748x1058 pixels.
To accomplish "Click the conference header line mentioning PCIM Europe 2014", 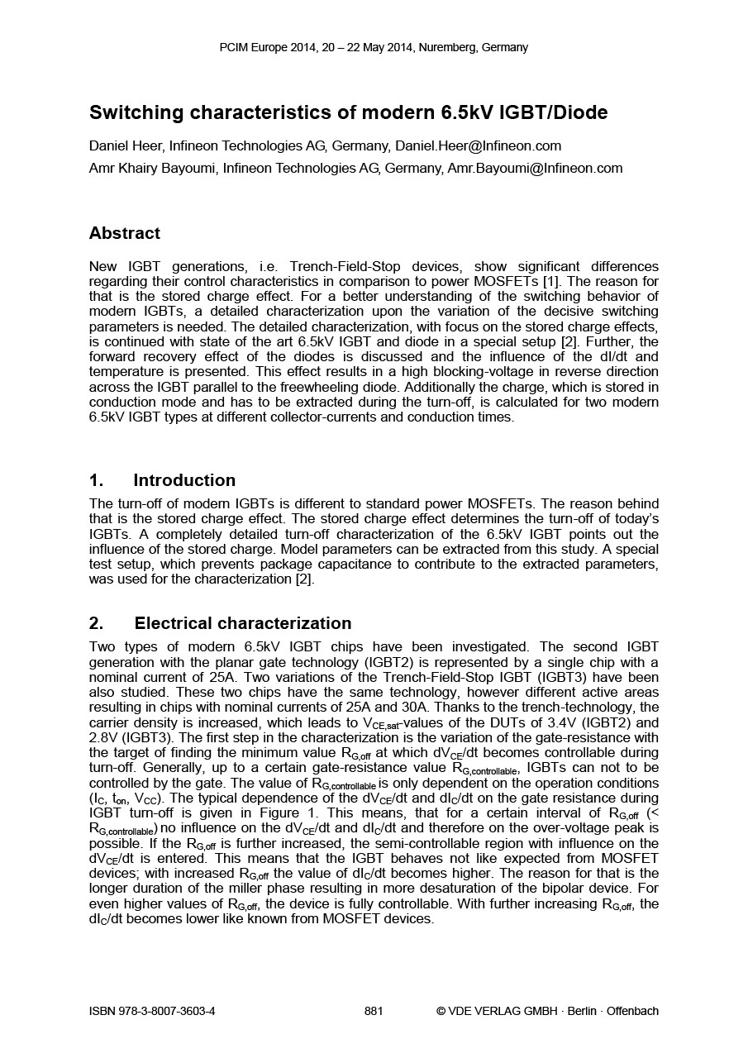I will pos(374,48).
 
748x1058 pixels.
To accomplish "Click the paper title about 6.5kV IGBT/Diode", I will pos(348,112).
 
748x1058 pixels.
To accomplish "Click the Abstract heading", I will pos(125,234).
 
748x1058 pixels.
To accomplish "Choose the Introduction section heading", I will pos(184,481).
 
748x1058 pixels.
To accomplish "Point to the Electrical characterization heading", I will pos(242,624).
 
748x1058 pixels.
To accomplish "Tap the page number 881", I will pos(374,1011).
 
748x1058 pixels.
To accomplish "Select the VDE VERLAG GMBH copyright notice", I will pos(547,1011).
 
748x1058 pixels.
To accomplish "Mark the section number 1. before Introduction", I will pos(96,481).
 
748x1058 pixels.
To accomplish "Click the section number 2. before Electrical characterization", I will pos(96,624).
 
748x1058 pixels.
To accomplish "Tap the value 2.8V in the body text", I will pos(106,738).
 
